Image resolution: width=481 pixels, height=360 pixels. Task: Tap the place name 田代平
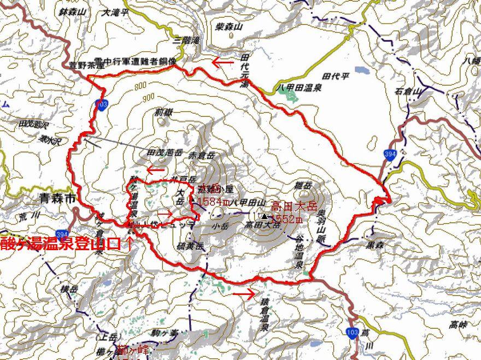[336, 76]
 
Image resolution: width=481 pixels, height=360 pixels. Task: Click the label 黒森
[374, 245]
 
